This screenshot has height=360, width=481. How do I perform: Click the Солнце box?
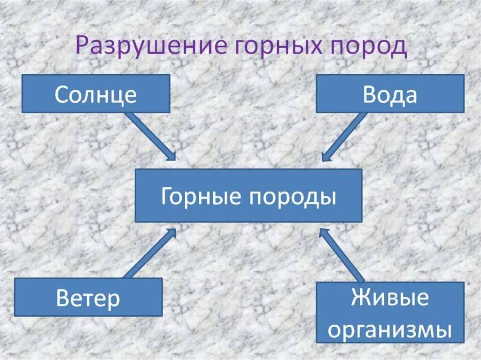(96, 93)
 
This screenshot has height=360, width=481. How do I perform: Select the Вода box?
(390, 94)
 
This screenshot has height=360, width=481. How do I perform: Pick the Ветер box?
(88, 297)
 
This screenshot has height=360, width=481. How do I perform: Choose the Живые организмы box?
(390, 312)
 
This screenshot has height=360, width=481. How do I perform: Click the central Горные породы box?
(248, 196)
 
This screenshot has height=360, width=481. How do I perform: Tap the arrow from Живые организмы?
(343, 256)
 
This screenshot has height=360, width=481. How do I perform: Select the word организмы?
(390, 329)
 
